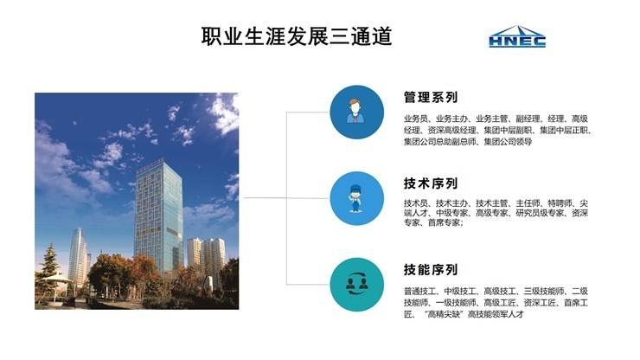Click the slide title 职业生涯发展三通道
297,36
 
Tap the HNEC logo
517,37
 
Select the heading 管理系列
430,98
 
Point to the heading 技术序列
430,183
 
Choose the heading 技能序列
430,269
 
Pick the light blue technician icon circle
356,198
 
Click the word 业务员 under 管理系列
416,119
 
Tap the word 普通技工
420,291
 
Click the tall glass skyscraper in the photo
157,212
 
